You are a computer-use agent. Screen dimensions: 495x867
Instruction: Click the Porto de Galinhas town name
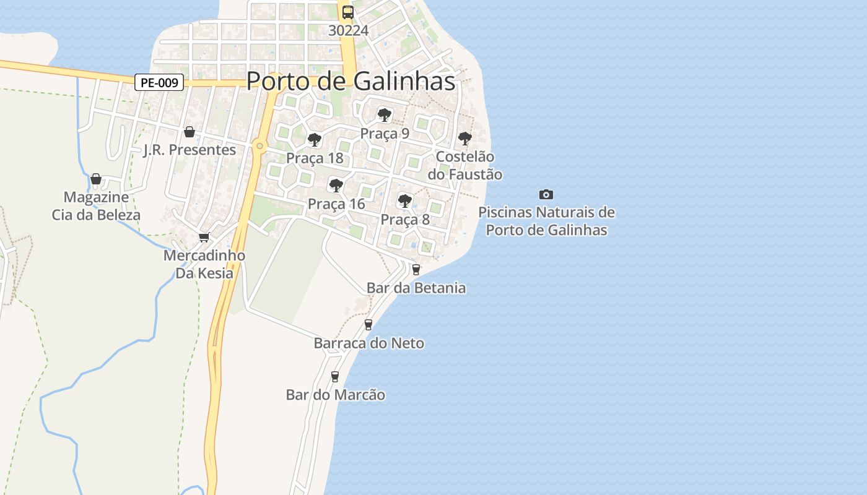(x=351, y=81)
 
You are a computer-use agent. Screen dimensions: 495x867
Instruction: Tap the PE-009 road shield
(x=159, y=82)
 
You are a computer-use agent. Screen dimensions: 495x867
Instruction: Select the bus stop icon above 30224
(x=348, y=12)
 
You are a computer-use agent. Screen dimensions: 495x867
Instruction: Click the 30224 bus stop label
(x=348, y=30)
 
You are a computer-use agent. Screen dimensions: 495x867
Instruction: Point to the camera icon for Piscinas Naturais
(x=546, y=194)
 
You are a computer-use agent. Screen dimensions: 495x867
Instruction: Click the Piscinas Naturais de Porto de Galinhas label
(x=546, y=221)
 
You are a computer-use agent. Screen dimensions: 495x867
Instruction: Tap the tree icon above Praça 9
(x=385, y=114)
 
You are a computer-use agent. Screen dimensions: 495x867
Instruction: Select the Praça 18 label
(x=315, y=158)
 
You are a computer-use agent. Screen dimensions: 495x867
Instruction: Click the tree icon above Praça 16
(x=336, y=185)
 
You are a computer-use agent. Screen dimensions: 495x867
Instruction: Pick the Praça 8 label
(x=405, y=219)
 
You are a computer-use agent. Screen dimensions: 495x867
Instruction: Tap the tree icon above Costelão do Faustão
(x=464, y=139)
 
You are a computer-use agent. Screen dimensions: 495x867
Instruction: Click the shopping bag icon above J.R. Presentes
(x=190, y=132)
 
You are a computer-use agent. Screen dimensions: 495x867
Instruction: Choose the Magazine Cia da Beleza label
(x=96, y=206)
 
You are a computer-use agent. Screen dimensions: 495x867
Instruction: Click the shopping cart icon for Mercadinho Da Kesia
(x=204, y=237)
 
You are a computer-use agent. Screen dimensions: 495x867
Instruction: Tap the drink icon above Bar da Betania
(x=416, y=269)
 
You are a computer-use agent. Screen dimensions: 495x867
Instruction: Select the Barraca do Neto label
(x=369, y=343)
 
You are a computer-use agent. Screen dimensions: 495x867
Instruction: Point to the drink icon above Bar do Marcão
(x=335, y=376)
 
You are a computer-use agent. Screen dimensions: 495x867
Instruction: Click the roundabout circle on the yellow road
(x=259, y=147)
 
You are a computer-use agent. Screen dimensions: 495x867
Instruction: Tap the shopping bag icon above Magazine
(x=96, y=179)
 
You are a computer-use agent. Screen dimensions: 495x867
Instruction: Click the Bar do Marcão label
(x=336, y=395)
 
